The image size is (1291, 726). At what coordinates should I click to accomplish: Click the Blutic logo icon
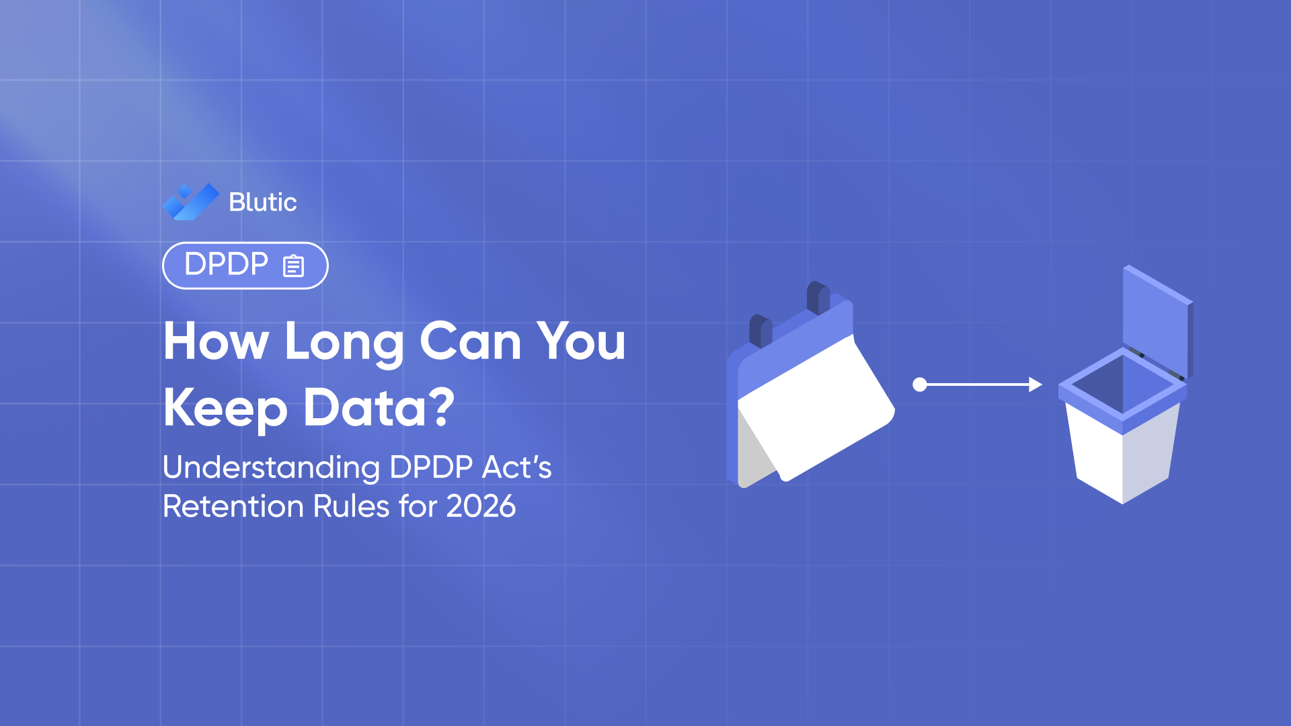click(191, 202)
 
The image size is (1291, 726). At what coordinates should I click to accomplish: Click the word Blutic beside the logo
click(262, 202)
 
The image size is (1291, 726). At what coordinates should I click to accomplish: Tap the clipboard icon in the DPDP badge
click(293, 266)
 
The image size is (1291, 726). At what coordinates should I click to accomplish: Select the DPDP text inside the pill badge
click(226, 264)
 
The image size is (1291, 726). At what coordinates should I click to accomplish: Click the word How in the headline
click(216, 341)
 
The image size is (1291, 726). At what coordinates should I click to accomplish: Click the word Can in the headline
click(470, 341)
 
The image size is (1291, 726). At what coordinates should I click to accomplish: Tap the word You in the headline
click(581, 341)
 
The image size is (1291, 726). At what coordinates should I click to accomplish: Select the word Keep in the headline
click(225, 409)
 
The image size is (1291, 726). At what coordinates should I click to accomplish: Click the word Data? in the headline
click(379, 407)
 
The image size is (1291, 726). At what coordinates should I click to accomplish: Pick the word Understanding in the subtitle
click(271, 468)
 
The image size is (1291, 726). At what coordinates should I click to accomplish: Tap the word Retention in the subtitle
click(233, 506)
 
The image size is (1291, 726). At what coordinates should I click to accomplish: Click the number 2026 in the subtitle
click(481, 506)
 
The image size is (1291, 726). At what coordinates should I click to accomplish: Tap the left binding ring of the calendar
click(760, 329)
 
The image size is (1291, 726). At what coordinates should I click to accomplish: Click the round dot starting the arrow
click(920, 385)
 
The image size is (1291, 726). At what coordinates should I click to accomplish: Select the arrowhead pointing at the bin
click(1035, 385)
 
